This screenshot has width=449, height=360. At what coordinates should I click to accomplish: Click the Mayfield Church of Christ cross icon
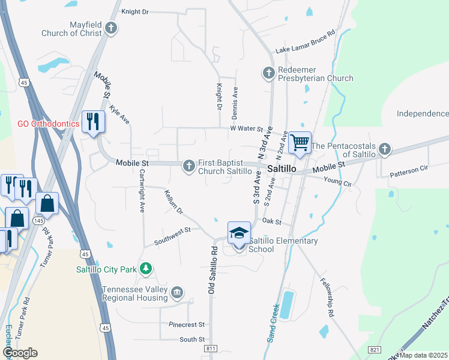111,28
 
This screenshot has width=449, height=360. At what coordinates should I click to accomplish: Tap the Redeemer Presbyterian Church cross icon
268,73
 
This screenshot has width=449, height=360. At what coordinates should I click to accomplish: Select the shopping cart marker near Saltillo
299,143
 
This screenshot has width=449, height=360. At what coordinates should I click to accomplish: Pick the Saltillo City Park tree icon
145,268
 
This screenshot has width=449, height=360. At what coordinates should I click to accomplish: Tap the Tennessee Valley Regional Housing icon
177,292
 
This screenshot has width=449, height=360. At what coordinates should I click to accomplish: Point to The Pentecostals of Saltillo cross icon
384,149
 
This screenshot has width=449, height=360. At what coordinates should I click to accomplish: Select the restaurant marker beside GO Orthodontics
92,122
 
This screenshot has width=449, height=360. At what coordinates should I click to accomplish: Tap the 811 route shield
210,348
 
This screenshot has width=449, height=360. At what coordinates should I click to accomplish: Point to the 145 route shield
38,221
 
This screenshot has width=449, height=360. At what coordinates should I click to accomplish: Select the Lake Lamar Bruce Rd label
305,44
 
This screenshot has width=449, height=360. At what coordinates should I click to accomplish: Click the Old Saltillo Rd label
212,269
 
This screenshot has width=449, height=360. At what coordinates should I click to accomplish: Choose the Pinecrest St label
187,325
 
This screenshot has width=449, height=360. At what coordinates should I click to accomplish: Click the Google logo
20,353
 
